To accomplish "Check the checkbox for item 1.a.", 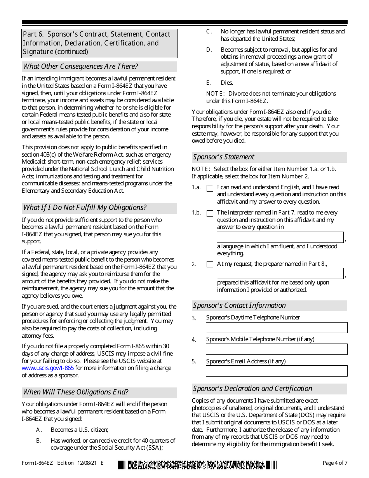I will (210, 188).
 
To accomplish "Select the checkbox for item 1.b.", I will (210, 213).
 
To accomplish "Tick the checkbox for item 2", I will (210, 264).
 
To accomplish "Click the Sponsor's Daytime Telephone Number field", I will (277, 328).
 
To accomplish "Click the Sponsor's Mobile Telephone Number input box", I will (277, 349).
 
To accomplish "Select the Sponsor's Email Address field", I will (277, 371).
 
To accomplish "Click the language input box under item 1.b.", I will (280, 237).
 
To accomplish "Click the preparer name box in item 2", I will (280, 273).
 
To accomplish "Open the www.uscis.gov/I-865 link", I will (48, 368).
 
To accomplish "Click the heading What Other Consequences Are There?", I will (80, 66).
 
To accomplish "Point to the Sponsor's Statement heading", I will (224, 157).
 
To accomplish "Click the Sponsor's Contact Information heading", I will (239, 305).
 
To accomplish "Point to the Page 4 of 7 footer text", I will (335, 463).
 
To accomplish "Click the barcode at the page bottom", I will (197, 464).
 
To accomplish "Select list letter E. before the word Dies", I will (209, 83).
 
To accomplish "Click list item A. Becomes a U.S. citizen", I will (79, 430).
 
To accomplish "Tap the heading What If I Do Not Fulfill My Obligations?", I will (85, 208).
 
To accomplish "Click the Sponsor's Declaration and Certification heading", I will (252, 389).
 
